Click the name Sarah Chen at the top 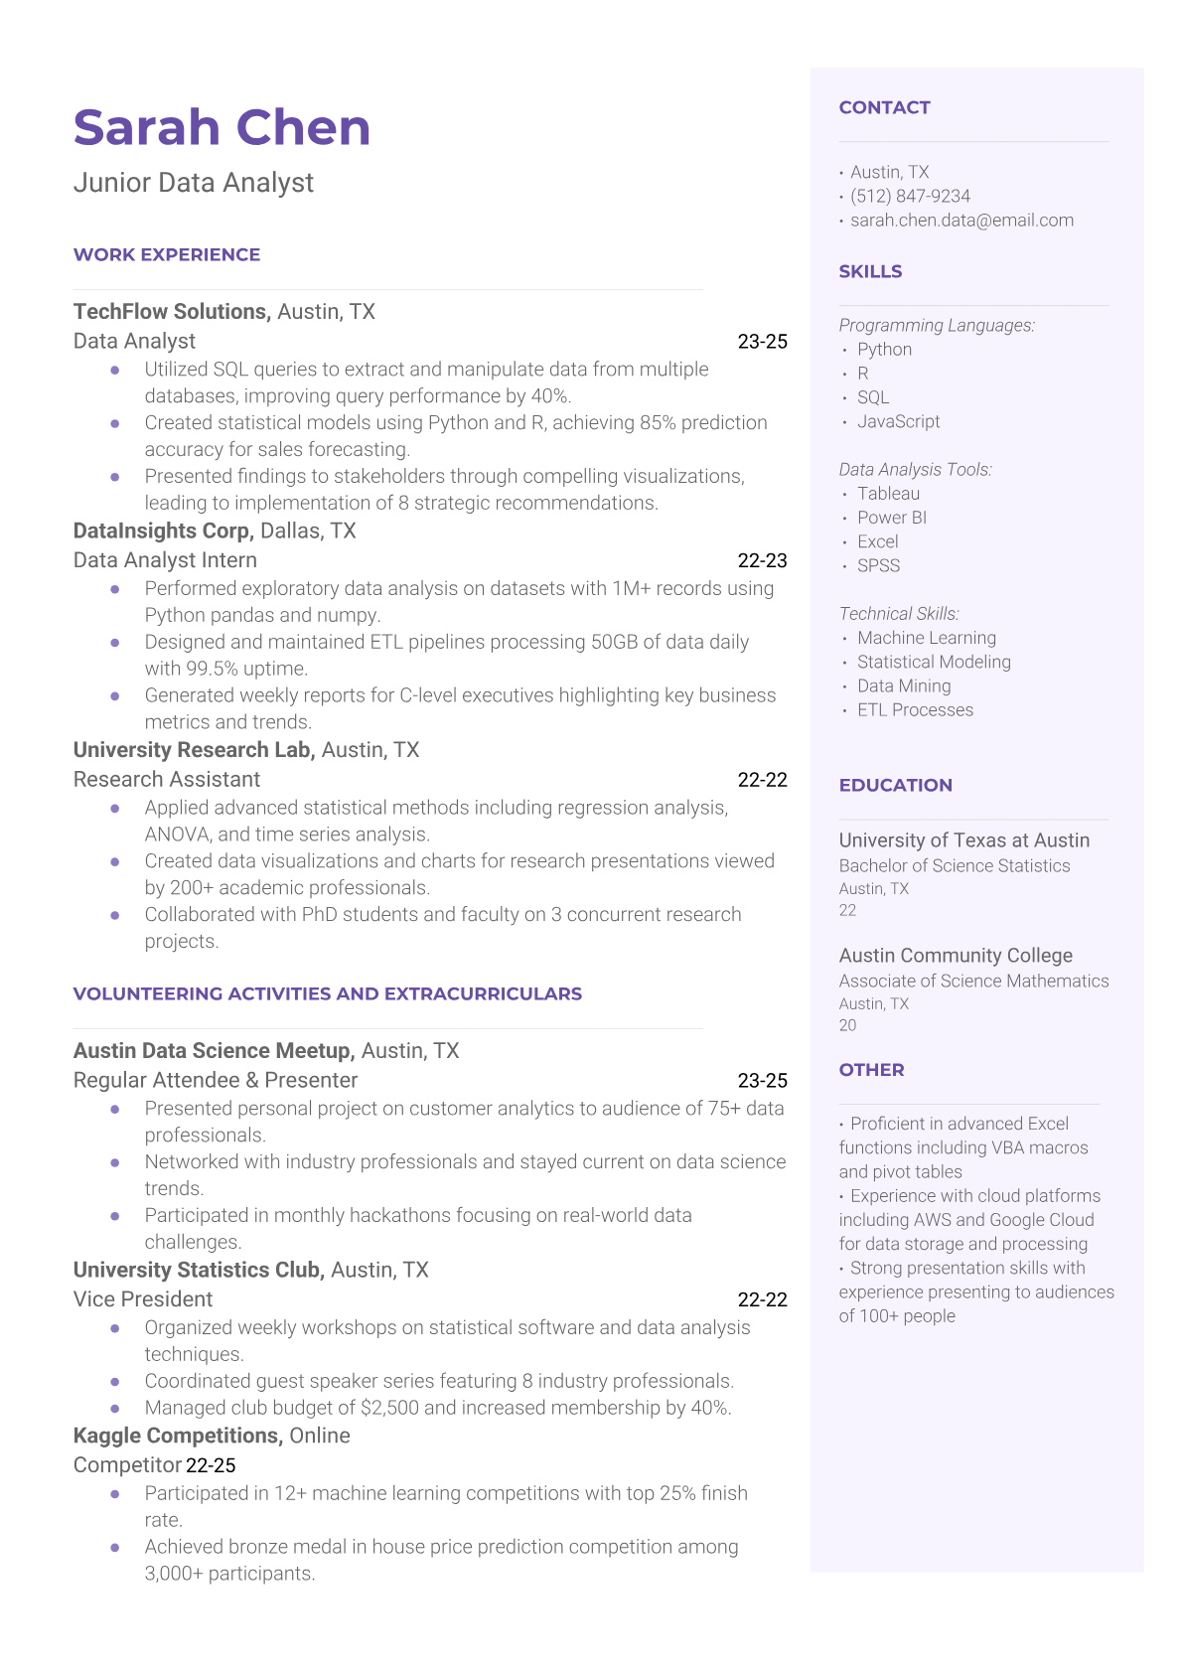[222, 128]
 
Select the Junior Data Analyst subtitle [194, 183]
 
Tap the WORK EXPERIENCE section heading [167, 255]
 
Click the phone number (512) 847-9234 [910, 197]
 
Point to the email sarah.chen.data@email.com [961, 221]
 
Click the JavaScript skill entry [898, 422]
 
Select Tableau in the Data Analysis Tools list [888, 494]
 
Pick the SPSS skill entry [878, 566]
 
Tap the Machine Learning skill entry [926, 638]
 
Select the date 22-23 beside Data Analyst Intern [762, 561]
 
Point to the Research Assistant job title [167, 780]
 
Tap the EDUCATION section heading [895, 786]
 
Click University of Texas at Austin [963, 840]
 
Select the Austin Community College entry [956, 956]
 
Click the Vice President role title [143, 1299]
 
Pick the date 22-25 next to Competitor [211, 1466]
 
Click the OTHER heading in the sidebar [871, 1070]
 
